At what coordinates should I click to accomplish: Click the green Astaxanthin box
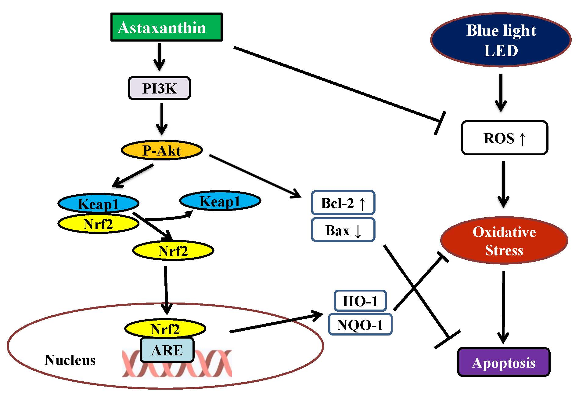(x=166, y=27)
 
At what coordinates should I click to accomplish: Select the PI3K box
(x=159, y=88)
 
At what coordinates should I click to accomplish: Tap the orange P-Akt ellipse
(x=162, y=150)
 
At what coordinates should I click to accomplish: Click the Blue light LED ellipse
(x=501, y=40)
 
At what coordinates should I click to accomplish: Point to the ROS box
(x=504, y=138)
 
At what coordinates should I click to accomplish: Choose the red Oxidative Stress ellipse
(x=504, y=241)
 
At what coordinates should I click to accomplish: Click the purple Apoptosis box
(x=504, y=362)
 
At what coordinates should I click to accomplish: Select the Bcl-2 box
(x=343, y=203)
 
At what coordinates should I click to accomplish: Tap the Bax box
(x=343, y=230)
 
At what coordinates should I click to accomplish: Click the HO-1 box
(x=360, y=301)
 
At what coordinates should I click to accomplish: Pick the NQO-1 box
(x=360, y=325)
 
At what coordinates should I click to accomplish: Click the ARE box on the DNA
(x=167, y=350)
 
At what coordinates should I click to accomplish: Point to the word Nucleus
(x=70, y=360)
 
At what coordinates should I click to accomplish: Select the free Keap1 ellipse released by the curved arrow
(x=220, y=201)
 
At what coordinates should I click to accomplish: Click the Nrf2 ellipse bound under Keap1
(x=98, y=224)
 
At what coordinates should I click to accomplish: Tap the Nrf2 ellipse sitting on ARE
(x=165, y=329)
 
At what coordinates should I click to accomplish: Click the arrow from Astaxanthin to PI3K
(x=159, y=57)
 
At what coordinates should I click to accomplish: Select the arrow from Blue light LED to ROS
(x=501, y=93)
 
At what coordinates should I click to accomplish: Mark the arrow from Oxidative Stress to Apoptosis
(x=503, y=307)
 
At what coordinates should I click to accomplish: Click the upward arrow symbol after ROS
(x=522, y=139)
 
